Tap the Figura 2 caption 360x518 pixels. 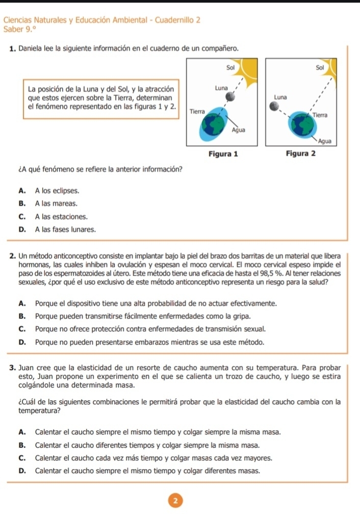[301, 153]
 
